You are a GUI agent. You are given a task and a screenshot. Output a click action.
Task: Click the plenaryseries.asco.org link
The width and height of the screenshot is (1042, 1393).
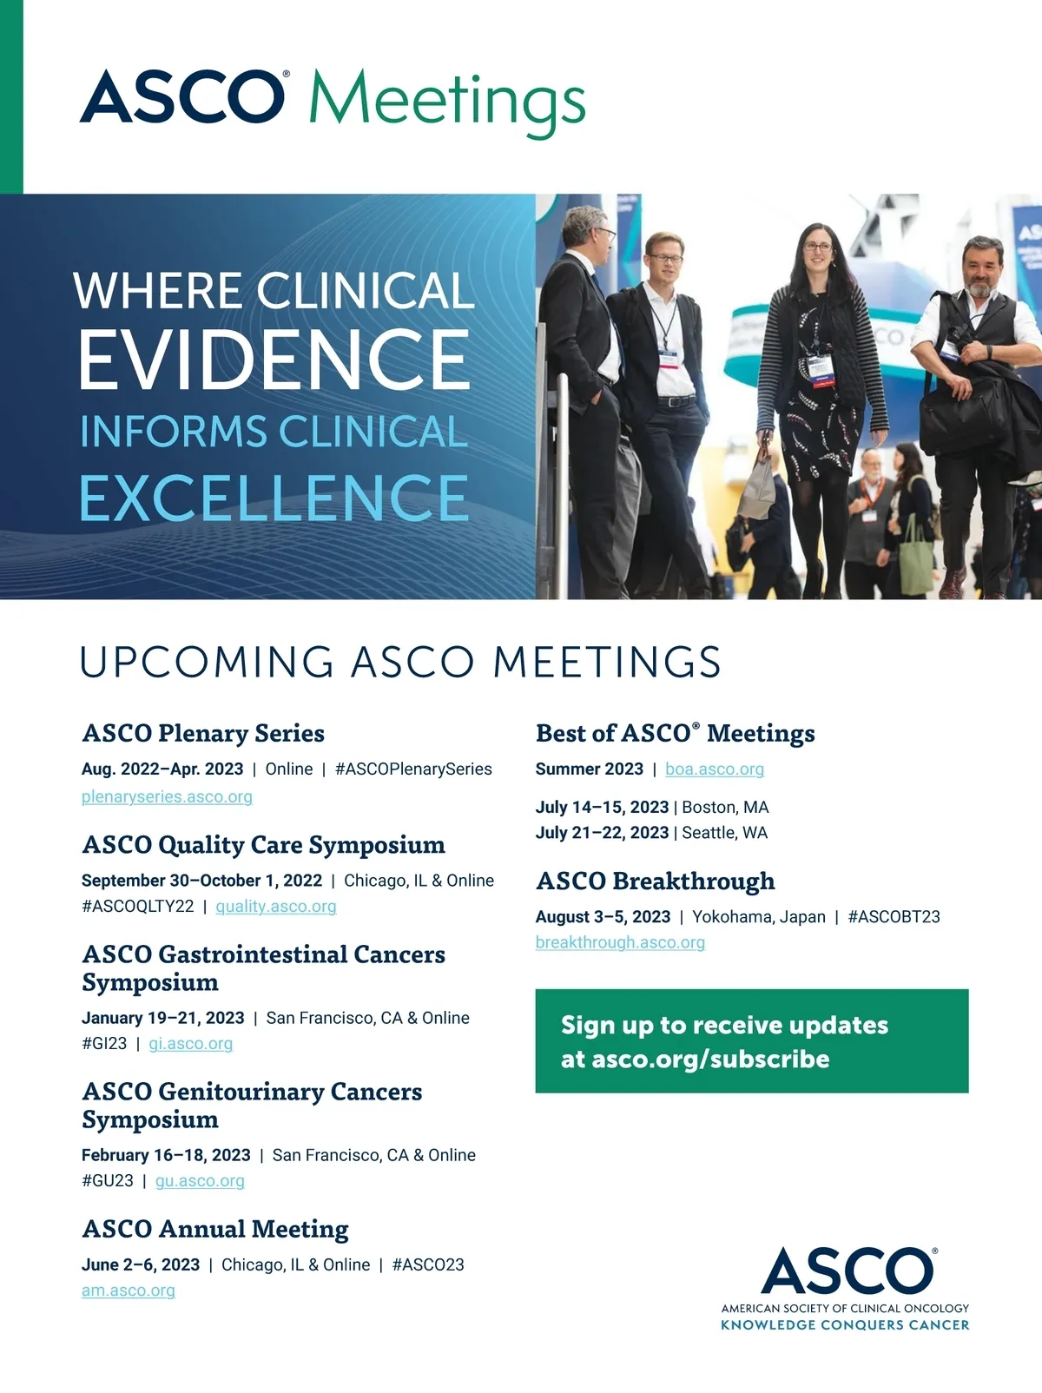point(167,797)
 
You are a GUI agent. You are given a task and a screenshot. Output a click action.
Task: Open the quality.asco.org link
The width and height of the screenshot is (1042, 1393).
point(276,907)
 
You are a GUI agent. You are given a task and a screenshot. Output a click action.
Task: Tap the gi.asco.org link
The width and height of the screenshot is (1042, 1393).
point(191,1044)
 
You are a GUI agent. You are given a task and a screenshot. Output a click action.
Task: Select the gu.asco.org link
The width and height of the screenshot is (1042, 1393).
point(200,1181)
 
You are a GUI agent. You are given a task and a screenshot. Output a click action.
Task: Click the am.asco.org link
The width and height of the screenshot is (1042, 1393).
point(129,1291)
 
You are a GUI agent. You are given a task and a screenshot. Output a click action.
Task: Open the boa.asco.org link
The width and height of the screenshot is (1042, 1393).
point(715,769)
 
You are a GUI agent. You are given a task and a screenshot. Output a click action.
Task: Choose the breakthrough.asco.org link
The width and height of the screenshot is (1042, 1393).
point(620,942)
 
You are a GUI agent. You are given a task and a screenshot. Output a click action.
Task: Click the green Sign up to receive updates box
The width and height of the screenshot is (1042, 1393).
point(752,1040)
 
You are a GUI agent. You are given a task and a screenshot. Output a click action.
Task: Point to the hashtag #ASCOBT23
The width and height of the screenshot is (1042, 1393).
point(894,917)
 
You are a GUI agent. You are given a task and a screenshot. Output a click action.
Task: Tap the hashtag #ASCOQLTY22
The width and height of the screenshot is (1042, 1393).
point(138,907)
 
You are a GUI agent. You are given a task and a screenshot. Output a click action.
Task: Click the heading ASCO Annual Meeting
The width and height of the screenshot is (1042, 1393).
point(215,1229)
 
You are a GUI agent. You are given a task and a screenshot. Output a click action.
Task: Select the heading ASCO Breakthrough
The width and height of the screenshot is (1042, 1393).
point(656,881)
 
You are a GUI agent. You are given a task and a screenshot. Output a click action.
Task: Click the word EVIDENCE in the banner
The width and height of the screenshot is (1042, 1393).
point(274,359)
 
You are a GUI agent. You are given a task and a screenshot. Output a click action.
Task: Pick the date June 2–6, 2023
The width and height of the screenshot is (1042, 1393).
point(141,1264)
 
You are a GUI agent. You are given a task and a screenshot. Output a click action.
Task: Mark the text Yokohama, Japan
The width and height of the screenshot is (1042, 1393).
point(759,917)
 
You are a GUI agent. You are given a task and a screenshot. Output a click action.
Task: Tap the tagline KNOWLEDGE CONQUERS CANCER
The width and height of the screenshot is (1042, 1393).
point(845,1325)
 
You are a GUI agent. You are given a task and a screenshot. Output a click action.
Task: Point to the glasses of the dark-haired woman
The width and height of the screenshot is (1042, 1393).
point(818,247)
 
